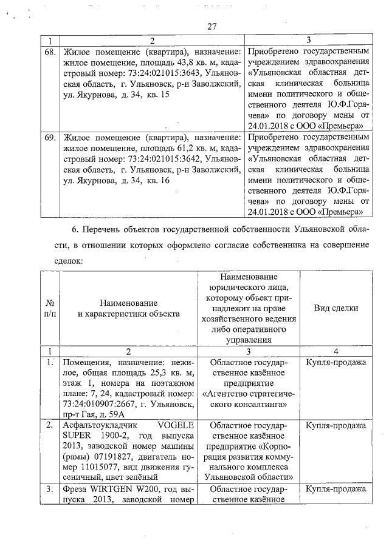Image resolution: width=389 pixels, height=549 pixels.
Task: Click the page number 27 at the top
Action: coord(212,26)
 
